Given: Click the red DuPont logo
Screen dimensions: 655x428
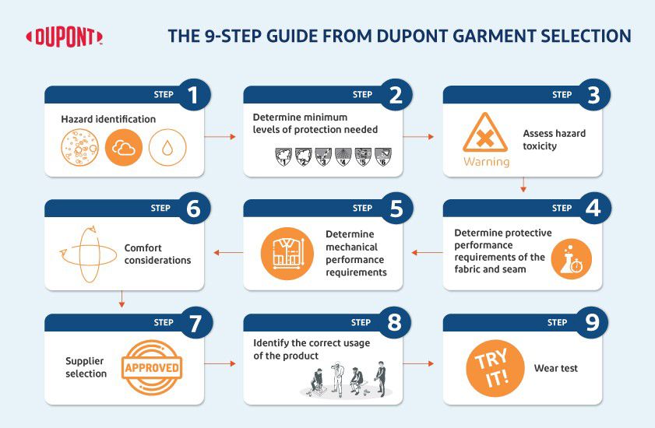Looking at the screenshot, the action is (64, 37).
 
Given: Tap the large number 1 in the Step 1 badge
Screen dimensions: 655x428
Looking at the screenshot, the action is (192, 95).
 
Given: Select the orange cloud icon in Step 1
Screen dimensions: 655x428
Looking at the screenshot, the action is (124, 147).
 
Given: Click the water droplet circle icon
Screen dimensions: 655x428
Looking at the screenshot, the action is (167, 147).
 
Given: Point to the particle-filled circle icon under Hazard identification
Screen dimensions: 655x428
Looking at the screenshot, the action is (79, 147).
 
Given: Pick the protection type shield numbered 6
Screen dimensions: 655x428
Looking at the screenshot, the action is (382, 157).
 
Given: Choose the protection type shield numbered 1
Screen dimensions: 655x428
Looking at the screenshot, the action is (283, 157).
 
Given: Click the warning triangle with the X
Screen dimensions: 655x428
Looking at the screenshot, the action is (485, 133).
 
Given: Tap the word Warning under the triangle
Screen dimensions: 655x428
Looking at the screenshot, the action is (487, 162).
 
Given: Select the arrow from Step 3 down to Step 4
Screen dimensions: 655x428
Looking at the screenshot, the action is (523, 184).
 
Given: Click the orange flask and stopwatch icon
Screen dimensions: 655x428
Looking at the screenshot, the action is (571, 259).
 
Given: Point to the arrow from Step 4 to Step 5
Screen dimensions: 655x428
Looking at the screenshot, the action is (427, 253).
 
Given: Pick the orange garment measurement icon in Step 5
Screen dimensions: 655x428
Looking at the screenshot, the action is (287, 254).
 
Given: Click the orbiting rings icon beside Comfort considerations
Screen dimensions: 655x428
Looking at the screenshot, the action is (89, 254).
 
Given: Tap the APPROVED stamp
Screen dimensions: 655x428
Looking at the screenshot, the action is (152, 367).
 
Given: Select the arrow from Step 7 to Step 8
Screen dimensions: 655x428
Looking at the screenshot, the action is (220, 363).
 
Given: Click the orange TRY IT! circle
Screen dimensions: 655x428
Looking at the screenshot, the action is (495, 368).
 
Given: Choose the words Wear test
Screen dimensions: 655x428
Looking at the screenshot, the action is (555, 368).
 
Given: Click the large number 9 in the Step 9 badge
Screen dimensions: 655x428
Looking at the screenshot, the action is (593, 322).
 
